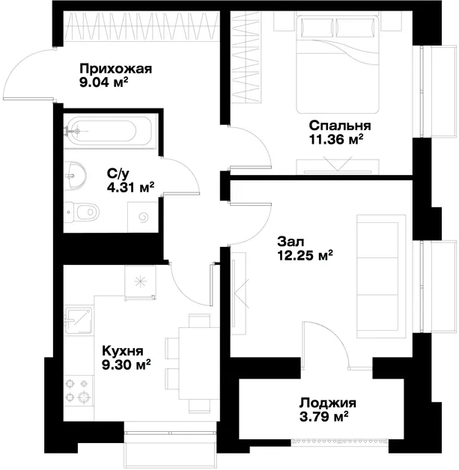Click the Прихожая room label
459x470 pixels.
(x=116, y=69)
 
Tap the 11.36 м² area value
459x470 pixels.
(x=336, y=140)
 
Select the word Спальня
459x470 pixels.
(x=340, y=126)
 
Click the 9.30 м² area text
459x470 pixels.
(x=126, y=364)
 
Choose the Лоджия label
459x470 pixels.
(x=328, y=403)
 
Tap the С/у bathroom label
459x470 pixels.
(x=118, y=173)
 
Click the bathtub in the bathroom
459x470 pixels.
(x=110, y=131)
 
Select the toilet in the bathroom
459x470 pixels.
(x=82, y=213)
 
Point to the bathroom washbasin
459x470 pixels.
(x=75, y=176)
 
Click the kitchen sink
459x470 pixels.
(x=79, y=320)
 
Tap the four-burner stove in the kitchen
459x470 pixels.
(x=79, y=390)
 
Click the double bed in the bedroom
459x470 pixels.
(x=338, y=64)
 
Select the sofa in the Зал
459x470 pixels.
(x=381, y=276)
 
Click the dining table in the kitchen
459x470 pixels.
(x=194, y=363)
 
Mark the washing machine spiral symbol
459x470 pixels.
(x=144, y=218)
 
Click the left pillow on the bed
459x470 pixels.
(x=317, y=27)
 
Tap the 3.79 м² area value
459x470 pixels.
(x=323, y=417)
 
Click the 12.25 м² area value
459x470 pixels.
(x=306, y=256)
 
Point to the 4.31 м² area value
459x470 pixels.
(x=131, y=187)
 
